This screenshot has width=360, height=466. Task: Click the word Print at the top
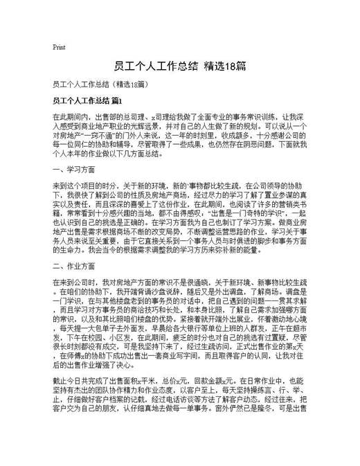(x=58, y=47)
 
